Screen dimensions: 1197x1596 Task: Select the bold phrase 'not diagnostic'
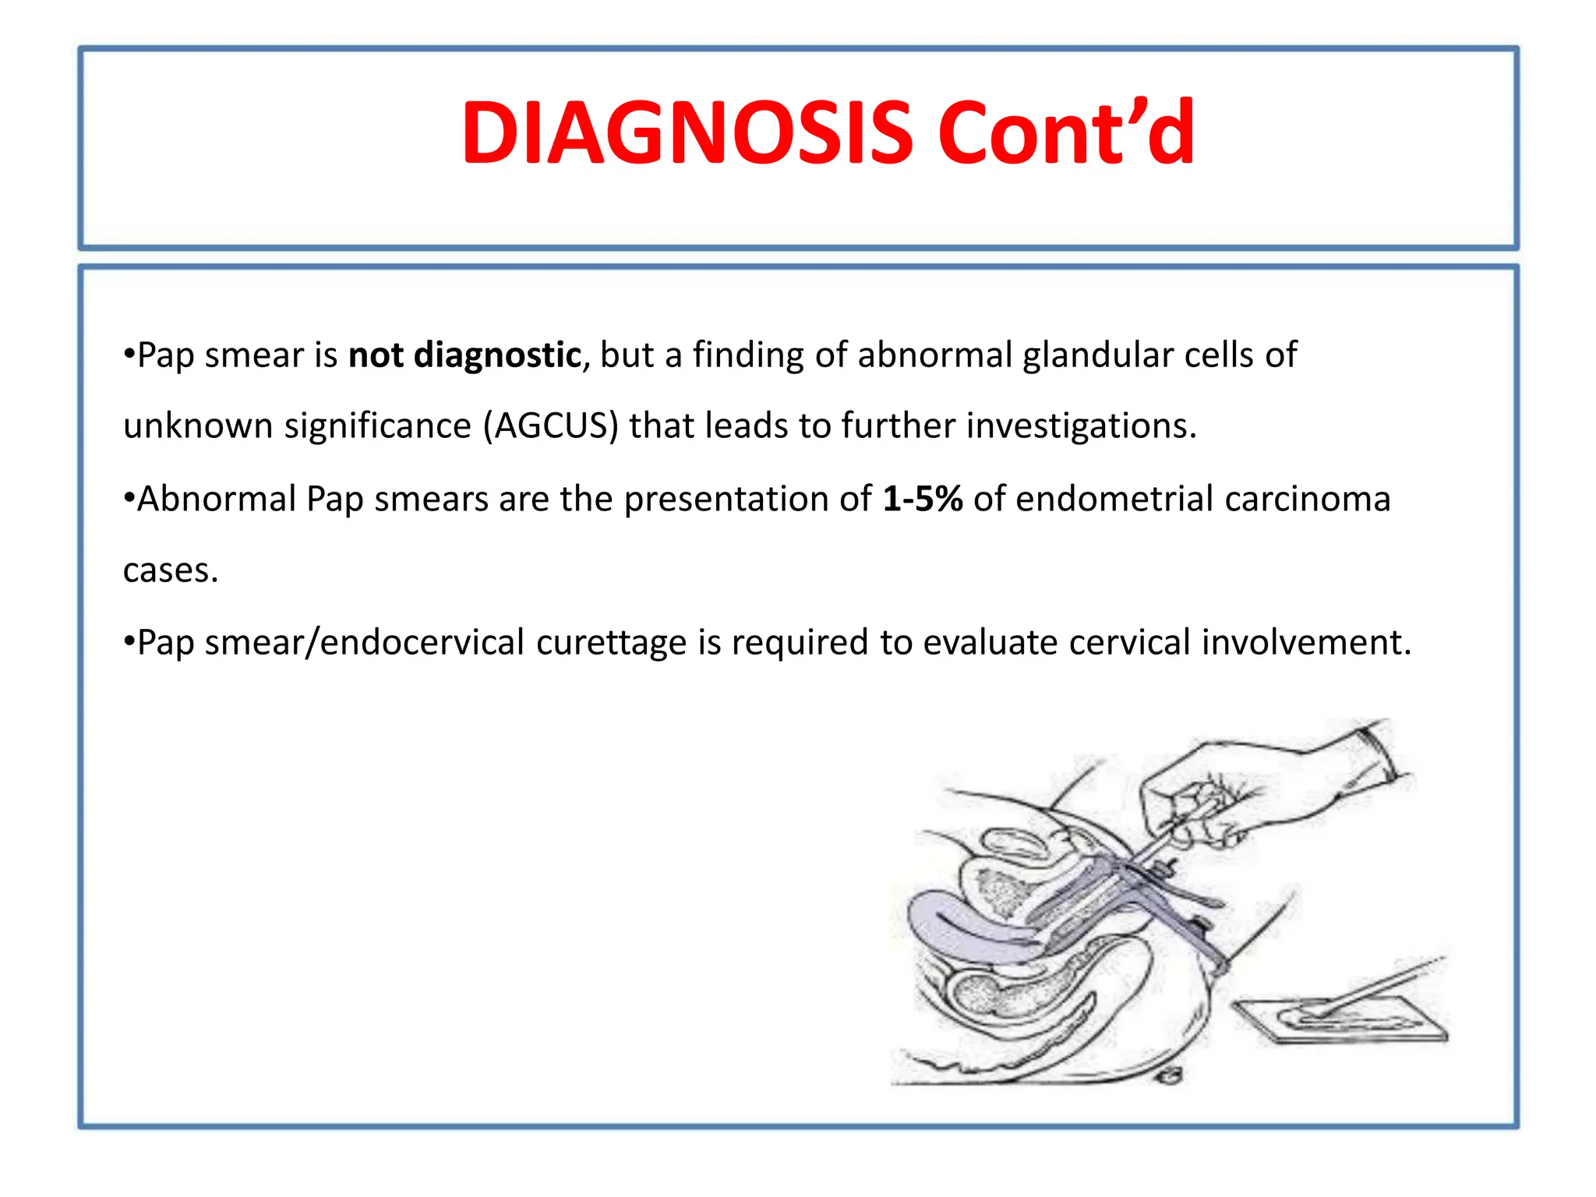(464, 355)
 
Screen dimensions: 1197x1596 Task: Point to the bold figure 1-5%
(923, 499)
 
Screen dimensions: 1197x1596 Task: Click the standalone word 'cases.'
(171, 570)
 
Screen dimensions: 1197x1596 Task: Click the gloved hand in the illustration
(1247, 787)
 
